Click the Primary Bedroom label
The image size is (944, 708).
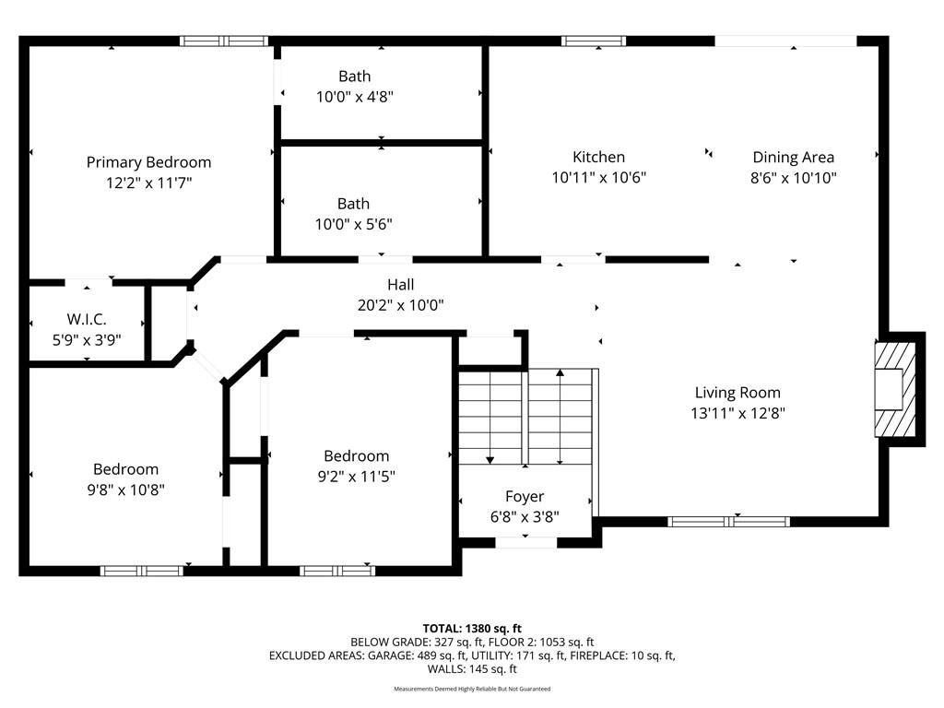click(148, 162)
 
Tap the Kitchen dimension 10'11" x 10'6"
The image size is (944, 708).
click(599, 178)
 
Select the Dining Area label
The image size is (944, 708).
click(794, 157)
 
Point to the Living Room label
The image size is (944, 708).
click(737, 393)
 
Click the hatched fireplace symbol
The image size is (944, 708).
click(895, 390)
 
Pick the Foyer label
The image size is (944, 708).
click(525, 497)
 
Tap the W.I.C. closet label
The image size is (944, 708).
click(87, 319)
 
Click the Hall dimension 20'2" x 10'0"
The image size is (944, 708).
click(400, 305)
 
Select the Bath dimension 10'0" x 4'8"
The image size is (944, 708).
click(355, 97)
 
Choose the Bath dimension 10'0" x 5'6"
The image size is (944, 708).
click(353, 225)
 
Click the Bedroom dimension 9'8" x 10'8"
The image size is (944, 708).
click(125, 490)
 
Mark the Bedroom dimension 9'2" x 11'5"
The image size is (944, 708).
click(357, 477)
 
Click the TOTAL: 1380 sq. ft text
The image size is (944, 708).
click(472, 629)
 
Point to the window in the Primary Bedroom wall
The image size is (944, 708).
click(224, 41)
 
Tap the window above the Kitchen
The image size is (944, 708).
click(594, 41)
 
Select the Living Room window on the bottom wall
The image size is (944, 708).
click(728, 522)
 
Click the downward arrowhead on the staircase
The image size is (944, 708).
click(490, 460)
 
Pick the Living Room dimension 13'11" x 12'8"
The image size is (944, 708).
click(738, 414)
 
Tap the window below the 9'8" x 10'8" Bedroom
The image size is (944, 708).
click(141, 571)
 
